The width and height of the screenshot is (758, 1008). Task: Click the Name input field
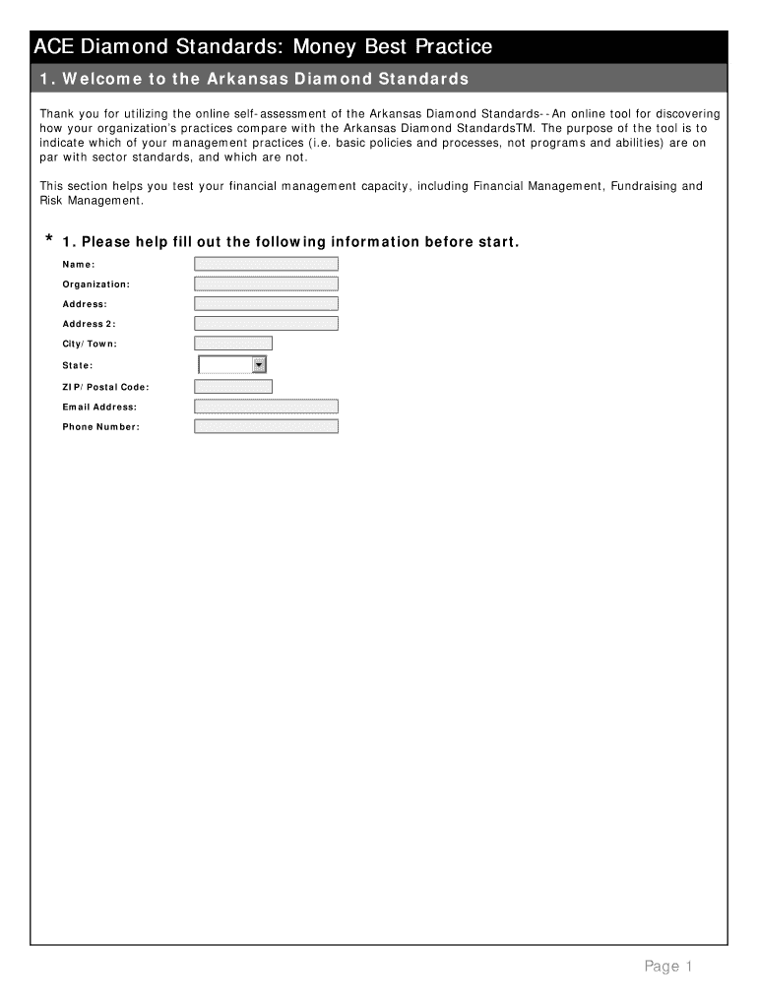pyautogui.click(x=266, y=264)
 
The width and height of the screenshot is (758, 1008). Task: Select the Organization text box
pyautogui.click(x=266, y=283)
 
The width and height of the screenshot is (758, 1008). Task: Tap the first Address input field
pyautogui.click(x=266, y=303)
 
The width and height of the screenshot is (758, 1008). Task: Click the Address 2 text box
pyautogui.click(x=266, y=323)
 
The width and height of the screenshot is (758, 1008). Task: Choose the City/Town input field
pyautogui.click(x=233, y=344)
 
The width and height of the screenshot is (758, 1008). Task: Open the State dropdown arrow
pyautogui.click(x=259, y=365)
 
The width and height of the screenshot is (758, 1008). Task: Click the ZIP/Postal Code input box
pyautogui.click(x=233, y=387)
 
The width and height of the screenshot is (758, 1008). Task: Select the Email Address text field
pyautogui.click(x=266, y=407)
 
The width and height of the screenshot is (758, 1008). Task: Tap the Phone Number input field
pyautogui.click(x=266, y=426)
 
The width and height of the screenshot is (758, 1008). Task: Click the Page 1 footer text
pyautogui.click(x=668, y=967)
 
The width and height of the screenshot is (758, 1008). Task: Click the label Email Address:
pyautogui.click(x=99, y=407)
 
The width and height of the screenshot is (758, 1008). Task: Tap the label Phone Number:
pyautogui.click(x=100, y=426)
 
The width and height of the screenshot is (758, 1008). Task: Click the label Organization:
pyautogui.click(x=95, y=283)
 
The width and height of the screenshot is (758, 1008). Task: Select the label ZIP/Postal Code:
pyautogui.click(x=105, y=387)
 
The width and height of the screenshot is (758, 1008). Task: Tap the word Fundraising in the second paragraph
pyautogui.click(x=645, y=186)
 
